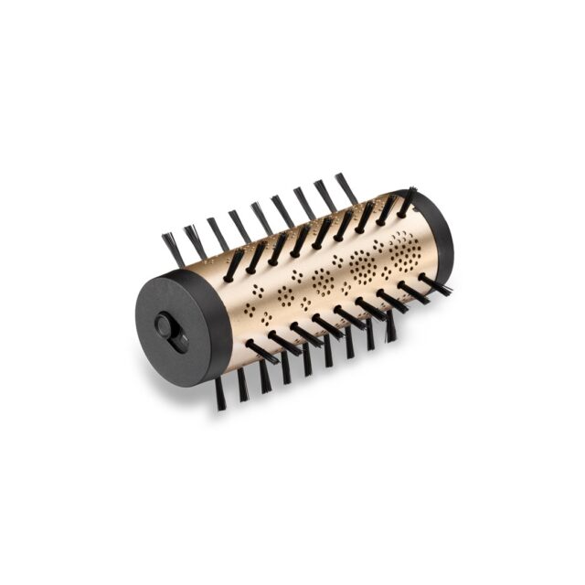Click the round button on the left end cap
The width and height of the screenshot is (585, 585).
(x=169, y=326)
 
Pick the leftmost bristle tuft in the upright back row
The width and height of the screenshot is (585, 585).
(x=172, y=248)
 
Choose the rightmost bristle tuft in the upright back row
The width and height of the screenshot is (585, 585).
(x=346, y=187)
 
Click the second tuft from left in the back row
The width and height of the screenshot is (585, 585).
(x=194, y=240)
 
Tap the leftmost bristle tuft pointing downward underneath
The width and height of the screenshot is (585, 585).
(x=219, y=394)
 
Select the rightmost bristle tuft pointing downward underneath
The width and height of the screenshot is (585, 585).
(x=390, y=326)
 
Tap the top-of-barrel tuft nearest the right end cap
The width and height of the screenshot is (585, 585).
(x=406, y=202)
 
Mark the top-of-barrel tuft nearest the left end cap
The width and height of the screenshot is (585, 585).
(x=234, y=264)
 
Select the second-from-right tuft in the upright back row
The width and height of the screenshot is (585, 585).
(x=324, y=195)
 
